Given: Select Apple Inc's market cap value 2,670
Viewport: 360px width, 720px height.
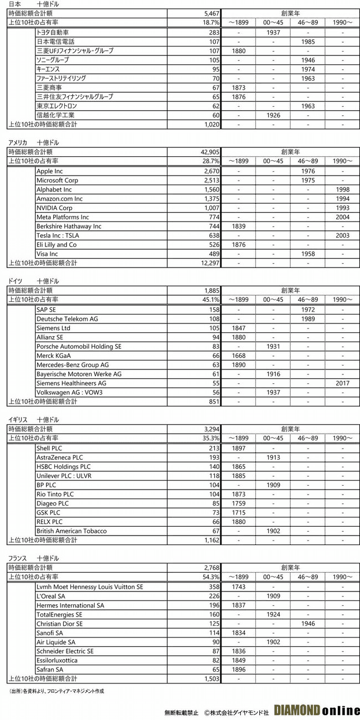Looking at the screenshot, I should click(210, 171).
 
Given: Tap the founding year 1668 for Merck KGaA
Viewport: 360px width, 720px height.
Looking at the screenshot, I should click(239, 356).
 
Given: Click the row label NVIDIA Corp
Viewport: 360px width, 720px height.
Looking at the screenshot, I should click(55, 208).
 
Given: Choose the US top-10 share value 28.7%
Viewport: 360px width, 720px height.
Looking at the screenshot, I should click(211, 161).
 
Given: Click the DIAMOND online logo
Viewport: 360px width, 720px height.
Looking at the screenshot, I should click(315, 710).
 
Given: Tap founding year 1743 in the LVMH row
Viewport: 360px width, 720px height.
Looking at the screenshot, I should click(239, 587).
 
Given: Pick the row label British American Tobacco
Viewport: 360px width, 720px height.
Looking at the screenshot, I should click(71, 531).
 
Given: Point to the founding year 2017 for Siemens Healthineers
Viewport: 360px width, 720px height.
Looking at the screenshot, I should click(342, 383).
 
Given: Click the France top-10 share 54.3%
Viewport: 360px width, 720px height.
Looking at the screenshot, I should click(211, 577).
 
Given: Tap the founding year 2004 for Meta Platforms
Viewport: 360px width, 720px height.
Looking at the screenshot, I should click(342, 217).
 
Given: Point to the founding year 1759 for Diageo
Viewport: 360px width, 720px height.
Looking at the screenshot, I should click(239, 503).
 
